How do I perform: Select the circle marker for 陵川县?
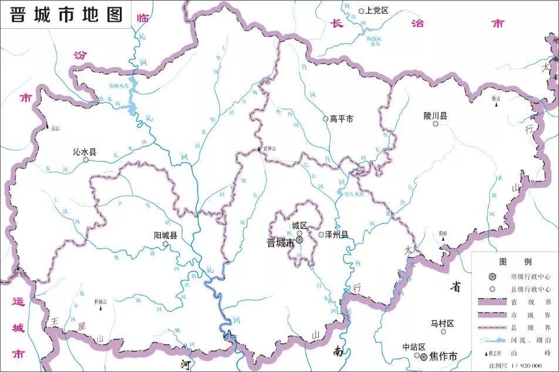(x=435, y=124)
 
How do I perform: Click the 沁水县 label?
(x=84, y=152)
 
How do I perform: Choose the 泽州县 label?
(x=336, y=234)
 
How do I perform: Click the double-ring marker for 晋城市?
(x=299, y=240)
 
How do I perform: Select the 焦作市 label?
(x=443, y=356)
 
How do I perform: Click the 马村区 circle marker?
(x=435, y=332)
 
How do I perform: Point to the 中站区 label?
(x=413, y=347)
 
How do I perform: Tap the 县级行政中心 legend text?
(x=530, y=289)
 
